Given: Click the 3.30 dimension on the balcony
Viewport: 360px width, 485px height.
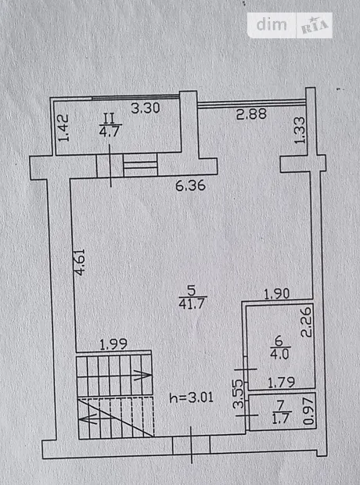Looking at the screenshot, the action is pyautogui.click(x=146, y=108).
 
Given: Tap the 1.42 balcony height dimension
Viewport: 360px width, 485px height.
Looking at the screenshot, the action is pyautogui.click(x=63, y=128).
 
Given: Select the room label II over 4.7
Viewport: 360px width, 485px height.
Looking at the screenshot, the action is pyautogui.click(x=110, y=124).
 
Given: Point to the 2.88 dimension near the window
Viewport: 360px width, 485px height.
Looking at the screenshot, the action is pyautogui.click(x=251, y=114).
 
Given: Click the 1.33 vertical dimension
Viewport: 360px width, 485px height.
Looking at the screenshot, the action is pyautogui.click(x=300, y=130).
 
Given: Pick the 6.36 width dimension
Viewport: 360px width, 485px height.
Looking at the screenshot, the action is pyautogui.click(x=190, y=185).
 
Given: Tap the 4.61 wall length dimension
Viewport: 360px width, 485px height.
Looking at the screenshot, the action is pyautogui.click(x=80, y=262).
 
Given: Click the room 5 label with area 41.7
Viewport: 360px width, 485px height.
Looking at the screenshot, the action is pyautogui.click(x=193, y=297).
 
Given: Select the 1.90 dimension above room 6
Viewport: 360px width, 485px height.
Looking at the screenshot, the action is pyautogui.click(x=277, y=293).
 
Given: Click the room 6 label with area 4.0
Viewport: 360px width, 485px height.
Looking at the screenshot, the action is pyautogui.click(x=279, y=347).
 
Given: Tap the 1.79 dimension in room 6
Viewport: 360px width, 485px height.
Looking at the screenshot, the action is pyautogui.click(x=281, y=383).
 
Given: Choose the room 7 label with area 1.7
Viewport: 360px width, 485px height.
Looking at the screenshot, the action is pyautogui.click(x=280, y=412).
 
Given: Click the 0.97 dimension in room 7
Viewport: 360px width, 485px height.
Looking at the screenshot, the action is pyautogui.click(x=310, y=411).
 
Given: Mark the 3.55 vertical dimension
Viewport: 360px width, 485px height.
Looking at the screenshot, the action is pyautogui.click(x=239, y=393).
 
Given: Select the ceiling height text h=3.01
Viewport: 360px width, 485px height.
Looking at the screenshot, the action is pyautogui.click(x=192, y=397).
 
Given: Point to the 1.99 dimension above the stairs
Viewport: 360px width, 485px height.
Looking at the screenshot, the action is pyautogui.click(x=114, y=344).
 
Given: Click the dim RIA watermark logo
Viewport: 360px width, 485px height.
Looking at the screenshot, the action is pyautogui.click(x=290, y=25).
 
